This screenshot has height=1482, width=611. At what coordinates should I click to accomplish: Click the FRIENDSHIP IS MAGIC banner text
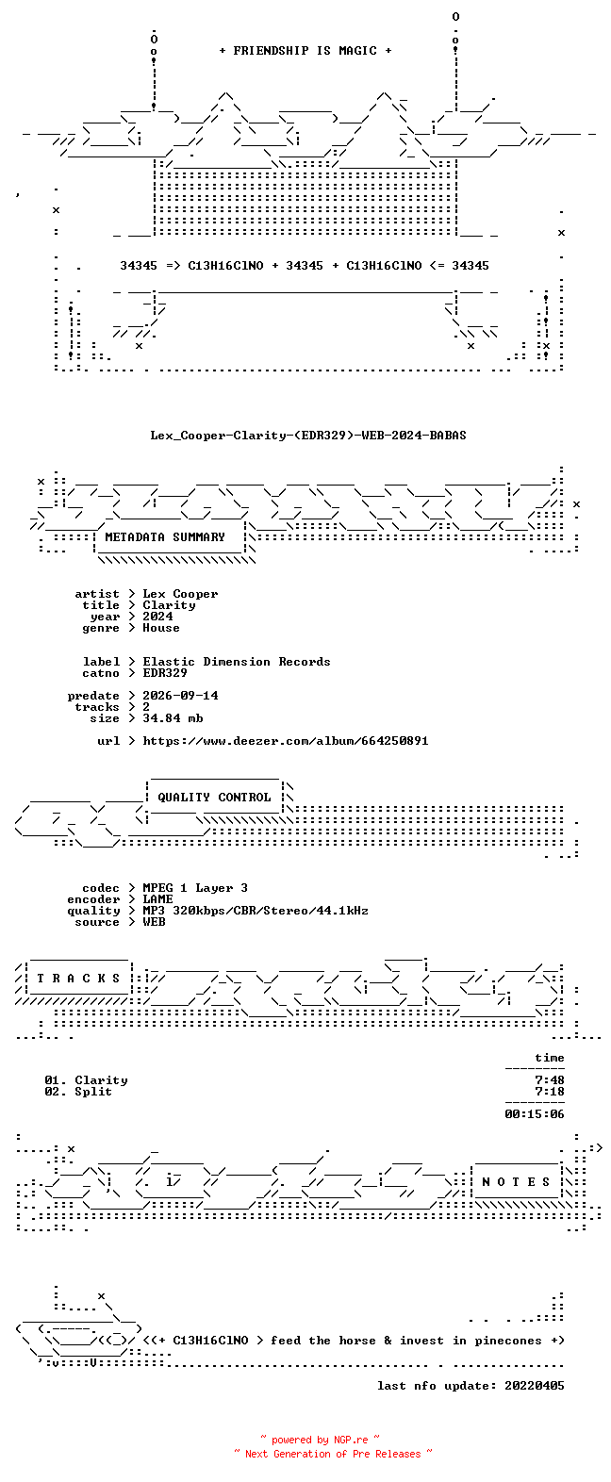coord(305,51)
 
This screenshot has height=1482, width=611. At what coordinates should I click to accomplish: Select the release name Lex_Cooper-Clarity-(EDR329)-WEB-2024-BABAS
coord(307,436)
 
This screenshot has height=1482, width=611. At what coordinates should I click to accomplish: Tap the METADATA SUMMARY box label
coord(165,537)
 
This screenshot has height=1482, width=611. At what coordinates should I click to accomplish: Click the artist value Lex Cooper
coord(180,594)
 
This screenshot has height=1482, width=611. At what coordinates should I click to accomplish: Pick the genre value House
coord(161,628)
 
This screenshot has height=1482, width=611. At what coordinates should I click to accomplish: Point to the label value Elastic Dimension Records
coord(237,662)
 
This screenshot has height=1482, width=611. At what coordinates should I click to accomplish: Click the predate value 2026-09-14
coord(180,696)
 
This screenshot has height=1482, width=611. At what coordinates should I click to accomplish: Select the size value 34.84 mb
coord(173,717)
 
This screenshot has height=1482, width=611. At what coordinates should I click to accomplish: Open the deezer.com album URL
coord(286,741)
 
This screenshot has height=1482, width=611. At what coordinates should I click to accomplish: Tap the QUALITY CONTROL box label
coord(214,798)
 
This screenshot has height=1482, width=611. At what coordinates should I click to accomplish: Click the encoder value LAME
coord(157,899)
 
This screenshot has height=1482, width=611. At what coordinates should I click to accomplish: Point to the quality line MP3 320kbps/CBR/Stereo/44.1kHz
coord(256,911)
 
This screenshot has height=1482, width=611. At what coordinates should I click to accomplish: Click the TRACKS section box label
coord(78,979)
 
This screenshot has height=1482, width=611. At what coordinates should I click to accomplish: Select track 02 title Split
coord(92,1092)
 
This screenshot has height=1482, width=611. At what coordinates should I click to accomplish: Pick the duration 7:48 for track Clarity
coord(550,1080)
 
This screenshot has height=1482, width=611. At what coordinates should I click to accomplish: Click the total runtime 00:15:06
coord(535,1114)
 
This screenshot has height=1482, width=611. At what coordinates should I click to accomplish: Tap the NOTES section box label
coord(516,1181)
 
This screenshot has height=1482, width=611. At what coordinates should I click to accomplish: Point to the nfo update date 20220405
coord(535,1386)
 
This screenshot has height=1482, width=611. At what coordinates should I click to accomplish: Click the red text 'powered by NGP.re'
coord(320,1440)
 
